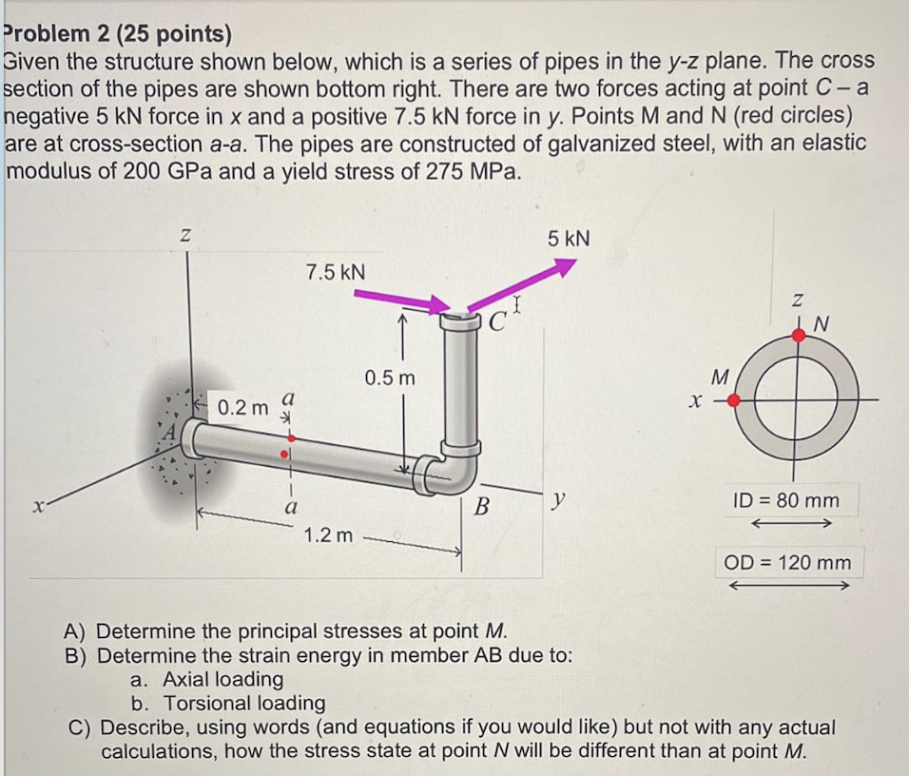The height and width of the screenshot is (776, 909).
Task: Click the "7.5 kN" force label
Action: [335, 272]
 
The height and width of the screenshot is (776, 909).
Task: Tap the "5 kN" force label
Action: [569, 238]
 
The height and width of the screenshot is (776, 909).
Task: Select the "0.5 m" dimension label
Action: [390, 378]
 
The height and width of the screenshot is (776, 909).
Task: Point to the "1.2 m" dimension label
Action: [328, 535]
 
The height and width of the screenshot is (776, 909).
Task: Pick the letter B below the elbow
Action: [481, 506]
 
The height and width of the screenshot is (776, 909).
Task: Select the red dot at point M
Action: [733, 401]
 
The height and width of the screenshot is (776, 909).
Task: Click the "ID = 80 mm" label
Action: [785, 498]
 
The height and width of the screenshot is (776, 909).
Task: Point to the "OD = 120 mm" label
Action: [788, 562]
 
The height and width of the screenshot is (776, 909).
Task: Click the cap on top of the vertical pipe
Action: [460, 320]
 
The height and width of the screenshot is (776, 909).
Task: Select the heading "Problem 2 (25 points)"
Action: [118, 35]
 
